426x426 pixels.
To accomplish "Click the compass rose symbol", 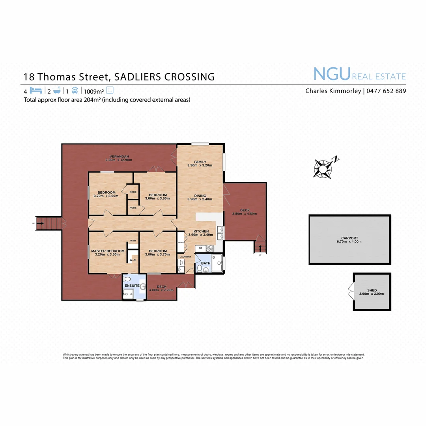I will [x=323, y=168].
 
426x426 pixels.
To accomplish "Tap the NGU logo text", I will [x=332, y=74].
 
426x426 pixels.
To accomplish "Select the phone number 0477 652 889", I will [x=386, y=91].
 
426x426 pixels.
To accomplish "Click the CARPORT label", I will [x=350, y=238].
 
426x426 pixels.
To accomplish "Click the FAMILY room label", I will [x=200, y=162].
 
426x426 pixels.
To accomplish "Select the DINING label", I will [x=200, y=195].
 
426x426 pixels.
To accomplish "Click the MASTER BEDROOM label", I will [x=108, y=251].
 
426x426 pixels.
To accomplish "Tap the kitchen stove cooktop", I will [x=209, y=248].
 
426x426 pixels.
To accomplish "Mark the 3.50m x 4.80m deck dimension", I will [x=245, y=214].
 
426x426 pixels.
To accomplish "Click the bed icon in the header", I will [x=35, y=90].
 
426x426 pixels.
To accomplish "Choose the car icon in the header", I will [x=75, y=90].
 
